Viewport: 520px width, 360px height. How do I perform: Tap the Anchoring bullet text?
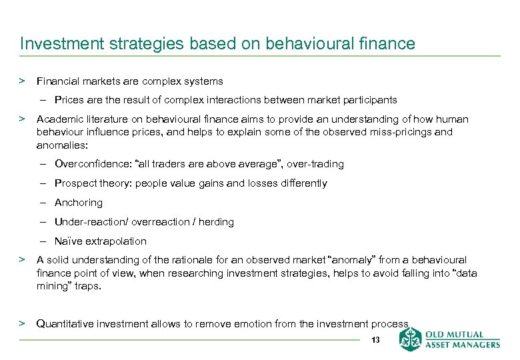79,203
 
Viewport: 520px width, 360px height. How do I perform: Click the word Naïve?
68,241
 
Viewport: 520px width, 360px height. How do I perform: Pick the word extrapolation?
115,241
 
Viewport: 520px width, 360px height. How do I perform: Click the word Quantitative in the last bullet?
67,324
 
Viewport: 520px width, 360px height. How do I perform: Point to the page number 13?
375,341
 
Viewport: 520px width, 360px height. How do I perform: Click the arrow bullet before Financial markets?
22,81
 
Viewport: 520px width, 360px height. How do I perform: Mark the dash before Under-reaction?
41,222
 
